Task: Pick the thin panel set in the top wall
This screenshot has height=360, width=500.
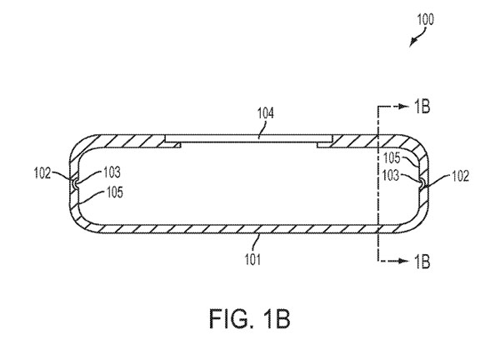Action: [250, 139]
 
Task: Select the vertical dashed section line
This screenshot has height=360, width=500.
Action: [377, 183]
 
